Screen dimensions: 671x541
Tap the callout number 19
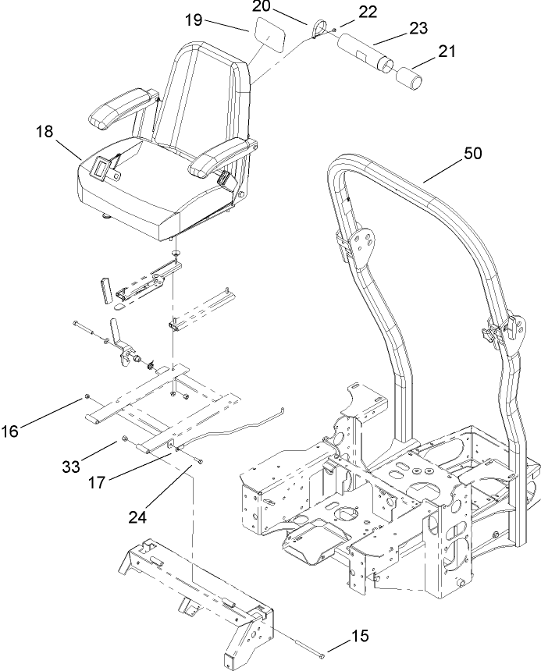[x=194, y=20]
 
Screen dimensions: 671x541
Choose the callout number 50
[x=472, y=154]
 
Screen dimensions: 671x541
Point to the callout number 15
[x=360, y=636]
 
